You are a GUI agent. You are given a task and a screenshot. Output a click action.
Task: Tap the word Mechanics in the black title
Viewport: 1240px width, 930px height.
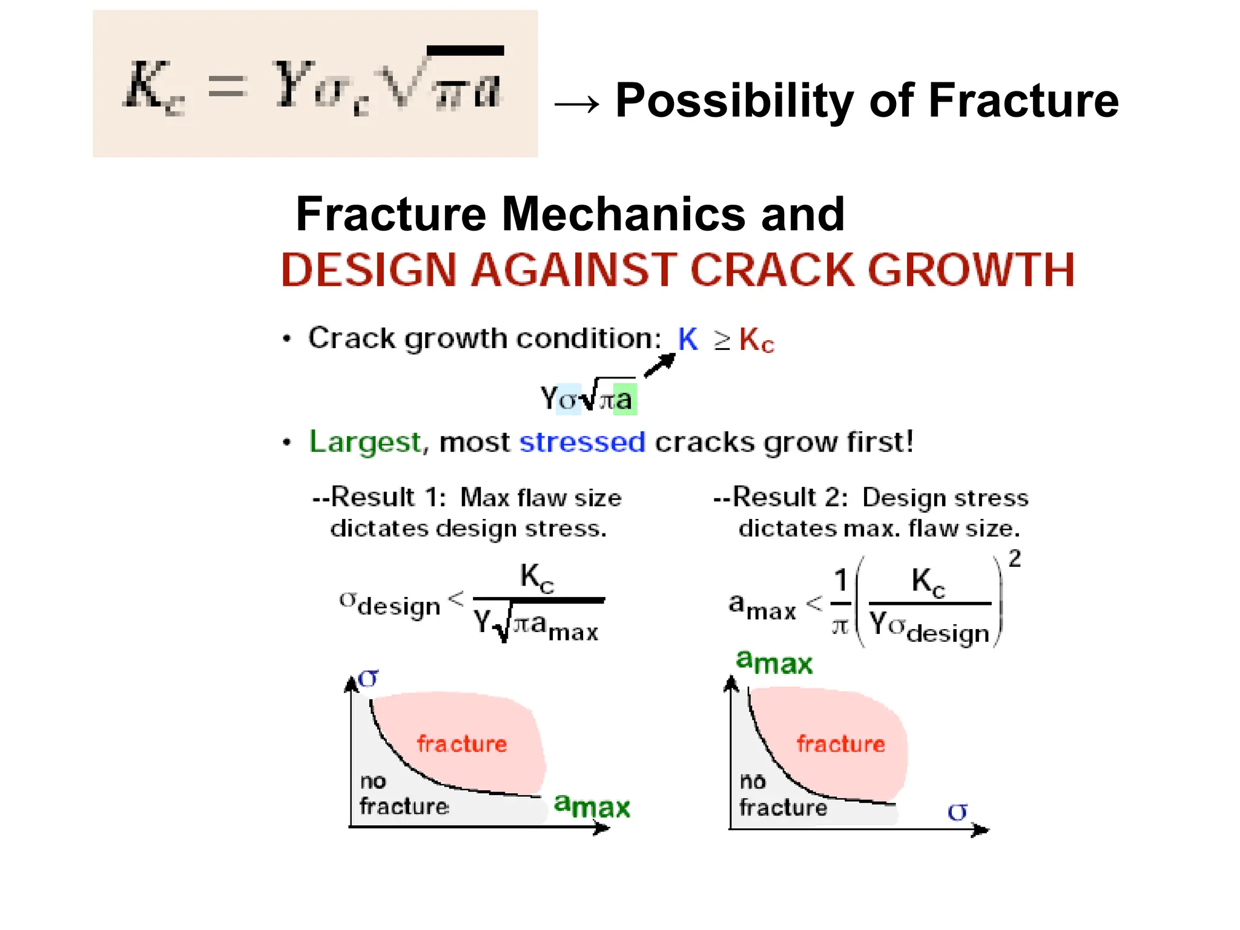point(624,214)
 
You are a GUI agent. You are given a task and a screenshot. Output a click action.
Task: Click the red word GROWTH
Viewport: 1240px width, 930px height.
point(972,270)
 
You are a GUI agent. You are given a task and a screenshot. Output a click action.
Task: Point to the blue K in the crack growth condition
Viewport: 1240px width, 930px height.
point(688,339)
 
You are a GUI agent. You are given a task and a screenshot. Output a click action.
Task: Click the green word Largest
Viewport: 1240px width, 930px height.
point(364,442)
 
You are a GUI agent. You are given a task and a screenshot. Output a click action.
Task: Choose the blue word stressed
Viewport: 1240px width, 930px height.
point(582,442)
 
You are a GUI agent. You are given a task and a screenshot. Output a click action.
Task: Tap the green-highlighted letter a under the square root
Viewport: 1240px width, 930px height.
point(624,400)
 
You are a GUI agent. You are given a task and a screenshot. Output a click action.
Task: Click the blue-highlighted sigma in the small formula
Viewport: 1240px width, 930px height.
point(568,400)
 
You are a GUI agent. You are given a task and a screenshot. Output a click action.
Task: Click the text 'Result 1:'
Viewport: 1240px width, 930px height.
point(387,498)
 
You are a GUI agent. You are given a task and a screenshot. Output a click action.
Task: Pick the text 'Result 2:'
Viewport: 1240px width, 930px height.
point(790,498)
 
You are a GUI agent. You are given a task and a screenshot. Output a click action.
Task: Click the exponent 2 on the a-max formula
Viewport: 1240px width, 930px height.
point(1015,558)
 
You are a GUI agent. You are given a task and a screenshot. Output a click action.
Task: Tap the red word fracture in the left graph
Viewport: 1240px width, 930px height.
point(461,744)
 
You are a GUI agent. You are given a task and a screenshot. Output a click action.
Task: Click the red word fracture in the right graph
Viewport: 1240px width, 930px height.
point(841,744)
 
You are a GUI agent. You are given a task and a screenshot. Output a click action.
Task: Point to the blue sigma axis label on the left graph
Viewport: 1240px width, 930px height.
point(368,678)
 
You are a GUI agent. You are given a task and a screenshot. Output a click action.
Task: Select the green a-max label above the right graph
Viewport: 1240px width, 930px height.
point(774,662)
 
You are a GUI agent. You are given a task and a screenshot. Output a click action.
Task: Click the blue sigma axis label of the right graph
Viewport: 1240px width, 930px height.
point(957,811)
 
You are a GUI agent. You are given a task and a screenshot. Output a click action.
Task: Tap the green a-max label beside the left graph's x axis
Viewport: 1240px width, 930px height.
point(592,806)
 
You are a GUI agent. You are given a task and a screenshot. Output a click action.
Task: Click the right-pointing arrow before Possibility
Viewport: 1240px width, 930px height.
point(576,105)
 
